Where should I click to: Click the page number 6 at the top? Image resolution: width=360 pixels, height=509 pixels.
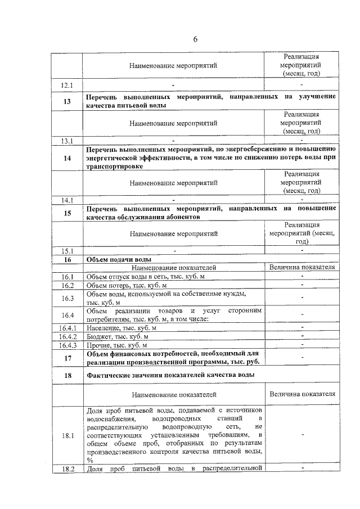click(x=196, y=39)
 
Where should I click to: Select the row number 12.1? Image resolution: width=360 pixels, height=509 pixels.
click(x=67, y=85)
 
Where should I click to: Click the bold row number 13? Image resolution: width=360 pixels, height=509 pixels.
click(x=67, y=102)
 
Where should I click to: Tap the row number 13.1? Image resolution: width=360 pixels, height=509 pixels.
click(x=67, y=140)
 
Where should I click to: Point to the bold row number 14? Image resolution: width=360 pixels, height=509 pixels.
click(x=67, y=159)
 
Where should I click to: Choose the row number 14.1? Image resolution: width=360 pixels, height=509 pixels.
click(x=67, y=199)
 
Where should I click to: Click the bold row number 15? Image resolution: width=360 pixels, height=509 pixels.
click(x=67, y=213)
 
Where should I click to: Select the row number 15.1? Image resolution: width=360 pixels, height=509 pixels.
click(x=67, y=250)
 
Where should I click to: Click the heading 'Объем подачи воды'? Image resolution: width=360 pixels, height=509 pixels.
click(x=119, y=259)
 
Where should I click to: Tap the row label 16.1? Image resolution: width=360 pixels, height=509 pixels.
click(x=67, y=277)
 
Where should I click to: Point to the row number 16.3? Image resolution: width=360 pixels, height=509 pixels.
click(x=67, y=298)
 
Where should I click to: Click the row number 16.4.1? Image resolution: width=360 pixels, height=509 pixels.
click(x=67, y=327)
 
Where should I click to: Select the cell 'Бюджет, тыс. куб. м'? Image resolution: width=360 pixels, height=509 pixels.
click(x=121, y=336)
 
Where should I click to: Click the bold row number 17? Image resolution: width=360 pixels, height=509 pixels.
click(x=67, y=358)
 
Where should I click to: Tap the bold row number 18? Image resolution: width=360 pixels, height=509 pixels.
click(x=67, y=375)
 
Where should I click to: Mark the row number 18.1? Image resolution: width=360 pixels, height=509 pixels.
click(x=67, y=435)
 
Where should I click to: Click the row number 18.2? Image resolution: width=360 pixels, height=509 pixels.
click(x=67, y=469)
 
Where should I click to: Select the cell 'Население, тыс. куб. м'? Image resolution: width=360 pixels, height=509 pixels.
click(x=125, y=327)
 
